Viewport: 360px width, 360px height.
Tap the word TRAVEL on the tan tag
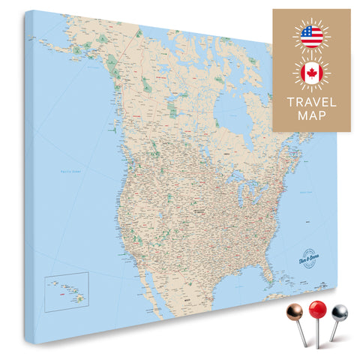[x=310, y=101]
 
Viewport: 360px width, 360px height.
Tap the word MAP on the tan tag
[x=310, y=117]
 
